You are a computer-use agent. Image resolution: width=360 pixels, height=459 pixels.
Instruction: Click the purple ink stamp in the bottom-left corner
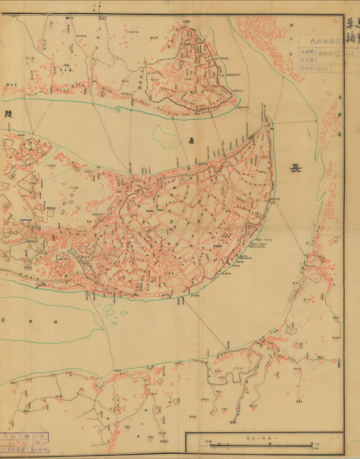24,443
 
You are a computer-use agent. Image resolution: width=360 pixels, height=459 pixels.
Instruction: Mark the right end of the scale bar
311,446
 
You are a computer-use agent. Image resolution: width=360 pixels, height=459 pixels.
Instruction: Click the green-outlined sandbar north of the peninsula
163,136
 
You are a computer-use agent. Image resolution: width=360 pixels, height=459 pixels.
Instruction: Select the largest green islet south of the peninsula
109,309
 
